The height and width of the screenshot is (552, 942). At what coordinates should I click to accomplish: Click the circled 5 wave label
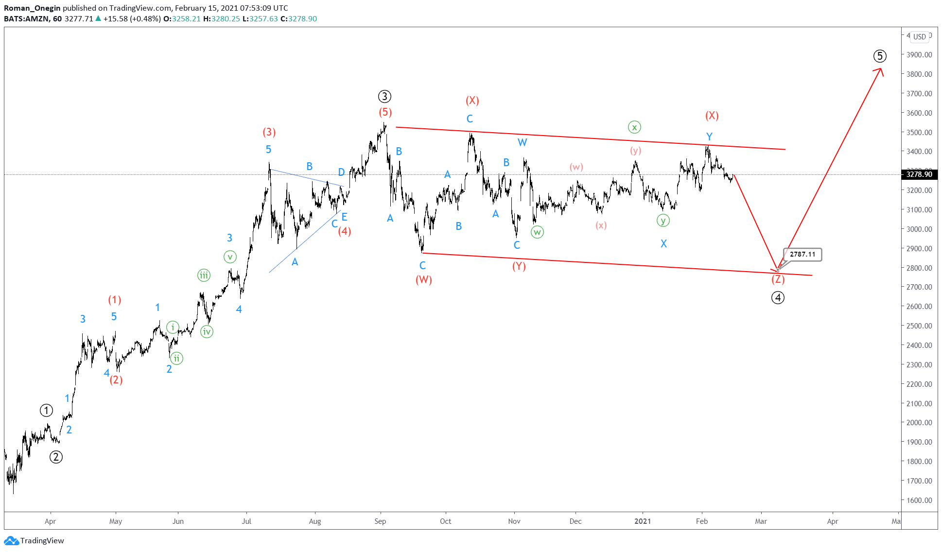(879, 56)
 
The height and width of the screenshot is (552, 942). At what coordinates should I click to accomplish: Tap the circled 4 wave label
(778, 297)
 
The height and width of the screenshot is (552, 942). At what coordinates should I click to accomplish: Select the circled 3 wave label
(384, 96)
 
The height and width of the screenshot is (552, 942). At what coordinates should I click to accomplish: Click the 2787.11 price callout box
(802, 255)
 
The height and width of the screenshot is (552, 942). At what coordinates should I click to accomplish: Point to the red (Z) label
(778, 279)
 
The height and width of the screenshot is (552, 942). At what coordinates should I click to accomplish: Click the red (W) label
(423, 280)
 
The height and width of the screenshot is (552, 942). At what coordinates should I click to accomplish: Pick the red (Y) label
(519, 266)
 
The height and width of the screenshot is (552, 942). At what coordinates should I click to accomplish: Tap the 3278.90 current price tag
(919, 174)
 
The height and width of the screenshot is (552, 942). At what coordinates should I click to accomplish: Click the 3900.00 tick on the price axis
(919, 55)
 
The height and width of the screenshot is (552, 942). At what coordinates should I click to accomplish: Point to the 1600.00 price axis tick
(919, 500)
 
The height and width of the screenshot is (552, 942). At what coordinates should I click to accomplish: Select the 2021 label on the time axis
(643, 521)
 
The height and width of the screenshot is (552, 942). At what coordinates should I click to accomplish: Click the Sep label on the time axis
(380, 521)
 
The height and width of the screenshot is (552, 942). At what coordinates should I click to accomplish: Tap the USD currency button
(919, 37)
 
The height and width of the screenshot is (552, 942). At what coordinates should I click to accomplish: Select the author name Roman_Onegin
(32, 8)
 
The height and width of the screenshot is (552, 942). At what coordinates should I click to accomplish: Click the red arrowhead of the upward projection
(880, 70)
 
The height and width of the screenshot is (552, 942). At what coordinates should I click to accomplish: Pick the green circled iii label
(204, 276)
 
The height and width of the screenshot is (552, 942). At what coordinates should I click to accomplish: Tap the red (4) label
(345, 231)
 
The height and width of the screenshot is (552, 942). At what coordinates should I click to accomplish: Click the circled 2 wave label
(56, 457)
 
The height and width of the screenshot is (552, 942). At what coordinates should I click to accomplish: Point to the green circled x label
(634, 127)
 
